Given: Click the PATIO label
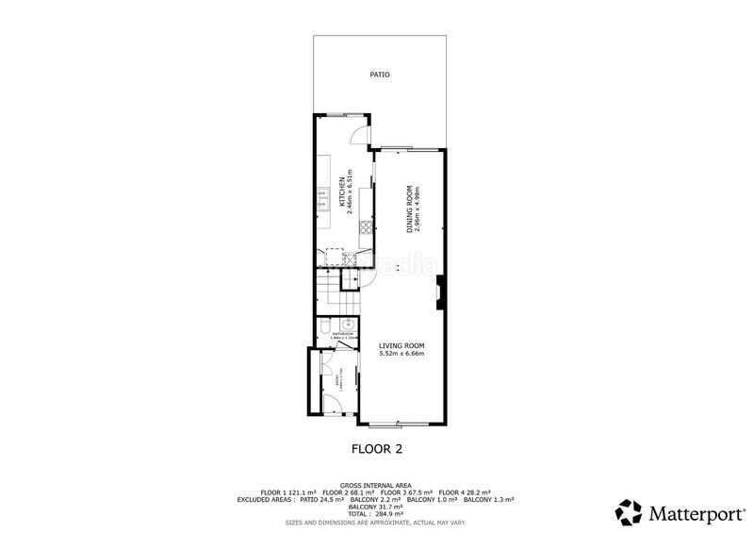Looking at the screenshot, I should click(380, 74).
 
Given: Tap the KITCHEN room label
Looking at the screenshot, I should click(341, 194).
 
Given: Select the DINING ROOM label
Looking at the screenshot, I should click(410, 208).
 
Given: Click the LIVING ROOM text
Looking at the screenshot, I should click(402, 346).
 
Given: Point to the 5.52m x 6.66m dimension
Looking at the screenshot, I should click(402, 354).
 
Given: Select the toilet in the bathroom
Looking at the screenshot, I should click(325, 327).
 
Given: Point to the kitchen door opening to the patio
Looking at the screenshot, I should click(357, 134).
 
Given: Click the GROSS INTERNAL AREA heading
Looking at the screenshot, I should click(375, 485).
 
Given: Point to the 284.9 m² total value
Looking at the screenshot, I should click(393, 513).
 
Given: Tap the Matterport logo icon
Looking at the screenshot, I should click(629, 512).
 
